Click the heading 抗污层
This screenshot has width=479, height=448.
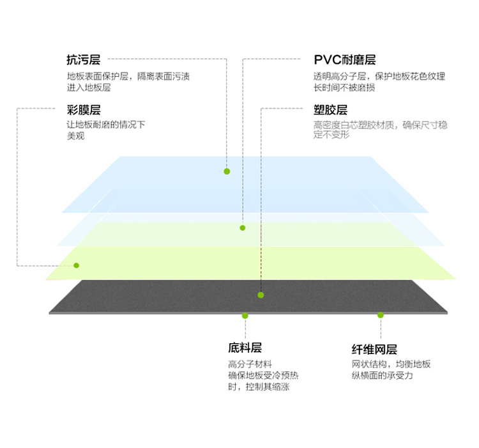[84, 59]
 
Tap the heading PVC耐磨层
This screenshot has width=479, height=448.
[345, 59]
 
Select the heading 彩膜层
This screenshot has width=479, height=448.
[84, 110]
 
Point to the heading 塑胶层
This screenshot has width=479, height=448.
[331, 110]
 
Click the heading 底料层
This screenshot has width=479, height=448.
[245, 348]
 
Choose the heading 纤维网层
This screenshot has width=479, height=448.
[374, 350]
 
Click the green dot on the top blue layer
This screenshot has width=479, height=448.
[227, 171]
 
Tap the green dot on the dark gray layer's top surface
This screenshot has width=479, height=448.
[261, 295]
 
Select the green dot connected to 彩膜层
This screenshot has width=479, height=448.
[77, 266]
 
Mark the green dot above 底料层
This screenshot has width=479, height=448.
[245, 316]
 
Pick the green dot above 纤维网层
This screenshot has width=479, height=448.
[381, 315]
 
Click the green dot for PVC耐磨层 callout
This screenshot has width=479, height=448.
[243, 228]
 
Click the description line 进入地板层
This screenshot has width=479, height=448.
[89, 88]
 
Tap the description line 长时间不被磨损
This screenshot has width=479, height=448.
[344, 88]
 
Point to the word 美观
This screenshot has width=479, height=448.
[76, 135]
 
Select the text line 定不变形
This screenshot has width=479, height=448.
[331, 134]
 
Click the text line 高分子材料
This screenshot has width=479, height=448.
[250, 364]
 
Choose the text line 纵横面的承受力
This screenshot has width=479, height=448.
[382, 375]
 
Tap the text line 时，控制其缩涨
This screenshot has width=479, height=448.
[259, 387]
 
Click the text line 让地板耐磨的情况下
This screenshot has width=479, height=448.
[106, 125]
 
